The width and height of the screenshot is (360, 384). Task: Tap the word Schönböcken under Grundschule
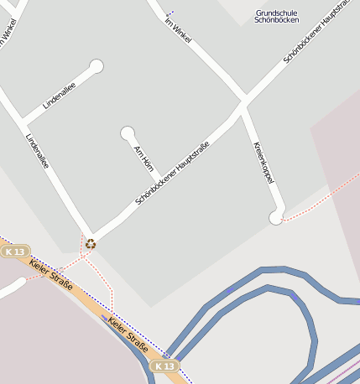point(277,19)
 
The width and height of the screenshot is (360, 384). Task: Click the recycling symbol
point(90,245)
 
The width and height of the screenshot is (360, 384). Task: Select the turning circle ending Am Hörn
point(128,132)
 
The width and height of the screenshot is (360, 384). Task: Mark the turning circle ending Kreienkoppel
point(276,218)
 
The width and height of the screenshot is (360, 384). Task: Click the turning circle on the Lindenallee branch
point(97,65)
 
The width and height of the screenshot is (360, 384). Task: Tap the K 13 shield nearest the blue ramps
point(164,366)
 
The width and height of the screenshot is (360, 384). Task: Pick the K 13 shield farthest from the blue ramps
point(15,252)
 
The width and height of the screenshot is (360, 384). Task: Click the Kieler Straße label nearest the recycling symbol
point(50,276)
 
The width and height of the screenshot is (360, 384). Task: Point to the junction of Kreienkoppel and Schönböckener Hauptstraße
point(243,106)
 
